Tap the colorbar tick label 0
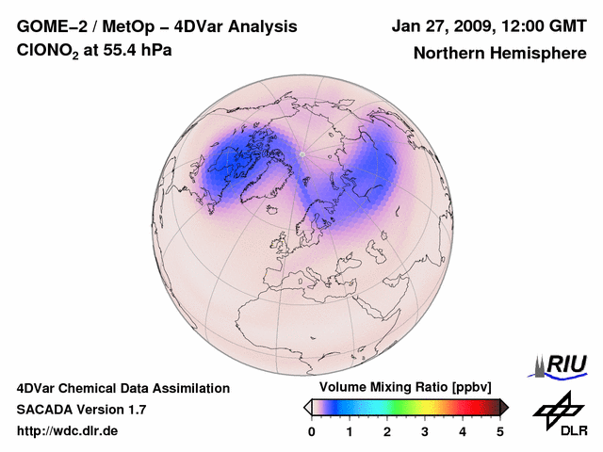[312, 431]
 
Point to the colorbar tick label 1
[350, 431]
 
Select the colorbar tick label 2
[387, 431]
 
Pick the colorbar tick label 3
[425, 431]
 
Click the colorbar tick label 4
[463, 431]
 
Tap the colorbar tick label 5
[500, 431]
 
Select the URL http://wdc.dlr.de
[68, 431]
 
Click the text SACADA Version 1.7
[81, 410]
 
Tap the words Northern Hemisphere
[499, 54]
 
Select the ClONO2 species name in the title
[46, 51]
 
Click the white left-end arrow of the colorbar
[307, 407]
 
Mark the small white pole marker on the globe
[301, 153]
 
